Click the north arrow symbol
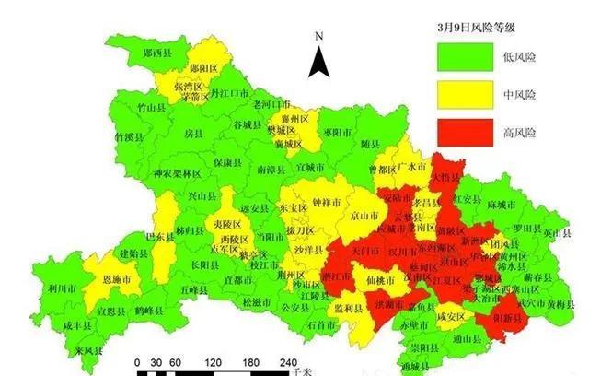point(318,61)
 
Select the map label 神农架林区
point(176,173)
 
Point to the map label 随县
point(370,145)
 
